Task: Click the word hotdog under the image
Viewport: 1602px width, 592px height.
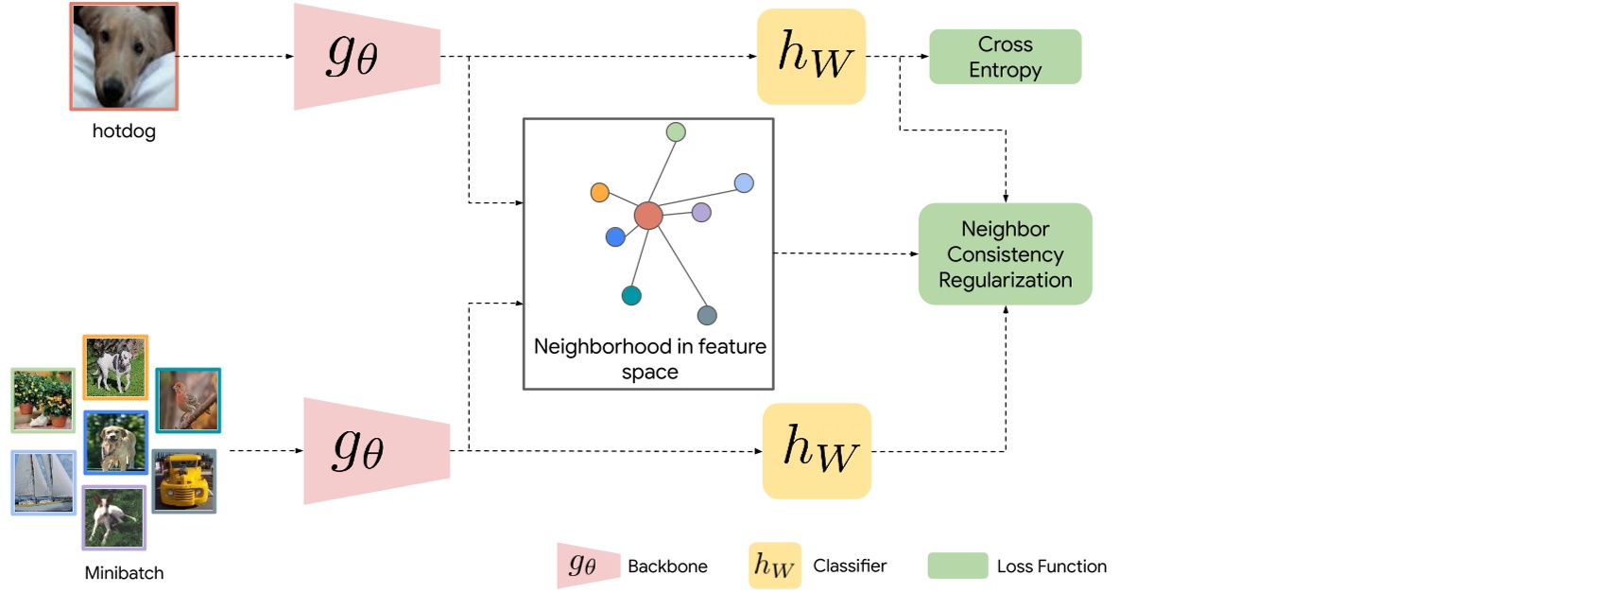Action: pos(124,131)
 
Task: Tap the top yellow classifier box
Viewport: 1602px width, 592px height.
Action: pos(811,57)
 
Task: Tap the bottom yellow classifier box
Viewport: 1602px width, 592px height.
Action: pos(817,451)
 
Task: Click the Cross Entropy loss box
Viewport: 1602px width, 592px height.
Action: pos(1005,57)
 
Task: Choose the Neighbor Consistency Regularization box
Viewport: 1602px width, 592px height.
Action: pos(1005,253)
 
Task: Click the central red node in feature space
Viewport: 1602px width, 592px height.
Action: pos(648,216)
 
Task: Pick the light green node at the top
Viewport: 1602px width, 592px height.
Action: pos(676,132)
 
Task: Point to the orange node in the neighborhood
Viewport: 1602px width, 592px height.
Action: pos(599,193)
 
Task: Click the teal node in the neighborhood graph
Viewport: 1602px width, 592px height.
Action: pos(631,296)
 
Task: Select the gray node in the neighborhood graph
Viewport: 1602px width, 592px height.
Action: pos(707,316)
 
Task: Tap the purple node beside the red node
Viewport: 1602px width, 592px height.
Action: pos(701,212)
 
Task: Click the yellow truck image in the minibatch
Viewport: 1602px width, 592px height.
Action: pos(184,481)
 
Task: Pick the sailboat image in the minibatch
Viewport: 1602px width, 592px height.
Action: pos(43,482)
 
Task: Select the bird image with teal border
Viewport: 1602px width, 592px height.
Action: pos(188,400)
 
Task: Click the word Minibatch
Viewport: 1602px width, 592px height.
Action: pos(124,573)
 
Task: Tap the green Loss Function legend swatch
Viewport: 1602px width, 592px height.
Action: pos(957,566)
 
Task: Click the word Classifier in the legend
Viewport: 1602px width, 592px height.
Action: pos(850,566)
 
